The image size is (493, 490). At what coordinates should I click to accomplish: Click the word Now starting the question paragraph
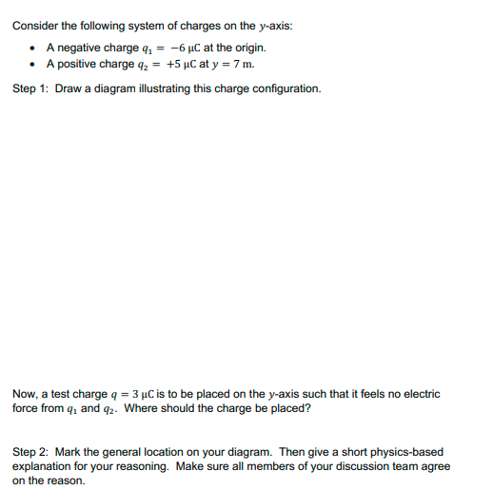(x=24, y=393)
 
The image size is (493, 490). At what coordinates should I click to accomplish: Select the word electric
(x=421, y=393)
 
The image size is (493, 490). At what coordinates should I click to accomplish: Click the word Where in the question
(x=139, y=409)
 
